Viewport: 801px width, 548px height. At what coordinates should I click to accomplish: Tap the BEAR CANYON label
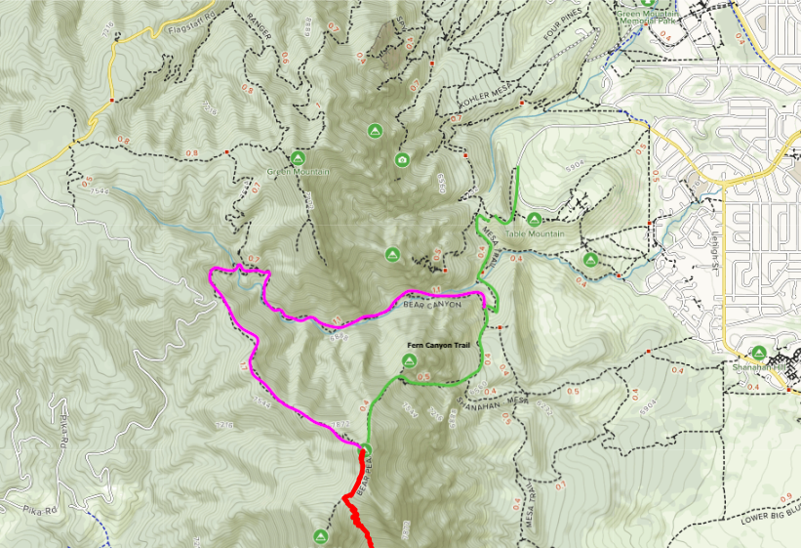(432, 305)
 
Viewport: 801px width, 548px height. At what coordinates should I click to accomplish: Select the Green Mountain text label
(296, 172)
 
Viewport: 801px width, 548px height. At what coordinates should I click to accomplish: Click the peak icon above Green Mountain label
(298, 157)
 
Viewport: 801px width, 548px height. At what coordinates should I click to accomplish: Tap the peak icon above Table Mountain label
(535, 219)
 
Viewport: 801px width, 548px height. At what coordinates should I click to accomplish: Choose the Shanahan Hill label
(758, 367)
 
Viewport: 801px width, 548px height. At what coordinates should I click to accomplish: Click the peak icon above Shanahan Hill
(758, 353)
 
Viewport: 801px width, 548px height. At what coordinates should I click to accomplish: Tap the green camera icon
(402, 159)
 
